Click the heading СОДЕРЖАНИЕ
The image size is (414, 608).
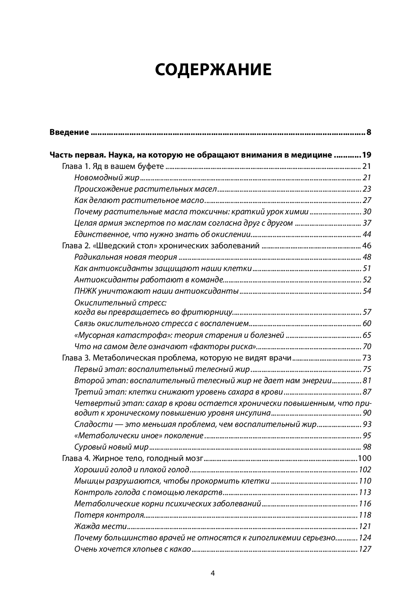tap(213, 70)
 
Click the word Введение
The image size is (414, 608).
tap(69, 132)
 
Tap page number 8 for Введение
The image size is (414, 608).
tap(368, 132)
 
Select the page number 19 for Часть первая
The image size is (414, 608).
tap(366, 155)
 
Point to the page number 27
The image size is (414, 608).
tap(367, 200)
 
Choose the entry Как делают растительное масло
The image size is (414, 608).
tap(139, 200)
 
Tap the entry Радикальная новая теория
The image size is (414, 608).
tap(126, 257)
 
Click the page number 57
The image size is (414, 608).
tap(367, 312)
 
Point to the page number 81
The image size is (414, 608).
tap(367, 381)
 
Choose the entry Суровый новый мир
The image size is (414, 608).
tap(112, 447)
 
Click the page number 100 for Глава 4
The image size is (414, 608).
tap(364, 458)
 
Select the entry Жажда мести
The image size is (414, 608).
tap(100, 526)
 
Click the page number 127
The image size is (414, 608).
tap(364, 549)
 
